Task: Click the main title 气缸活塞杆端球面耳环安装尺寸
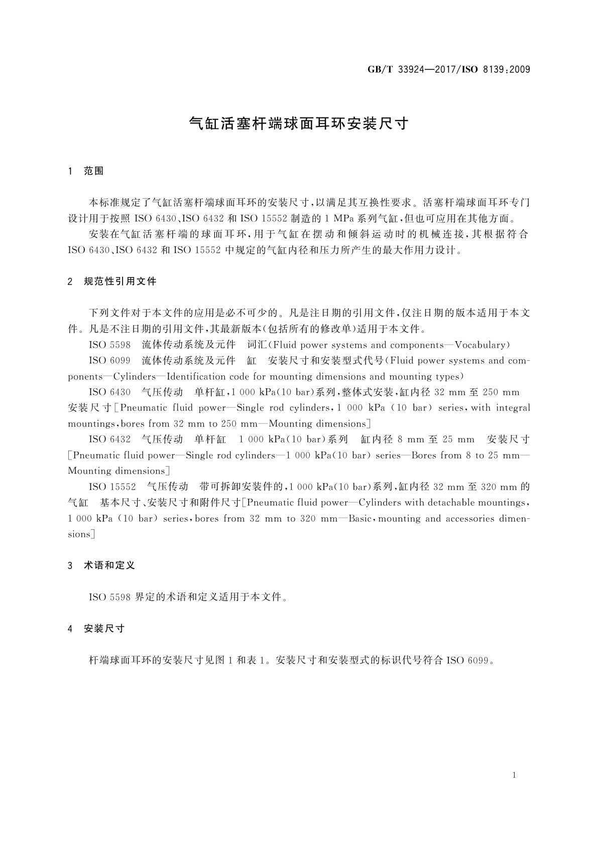[x=299, y=124]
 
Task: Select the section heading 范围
[x=94, y=171]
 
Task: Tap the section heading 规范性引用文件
[x=120, y=281]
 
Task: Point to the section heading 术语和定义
[x=109, y=566]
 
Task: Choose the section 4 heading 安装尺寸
[x=104, y=628]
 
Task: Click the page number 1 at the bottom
[x=514, y=775]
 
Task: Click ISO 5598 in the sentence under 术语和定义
[x=109, y=597]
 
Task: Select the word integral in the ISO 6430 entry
[x=513, y=408]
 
